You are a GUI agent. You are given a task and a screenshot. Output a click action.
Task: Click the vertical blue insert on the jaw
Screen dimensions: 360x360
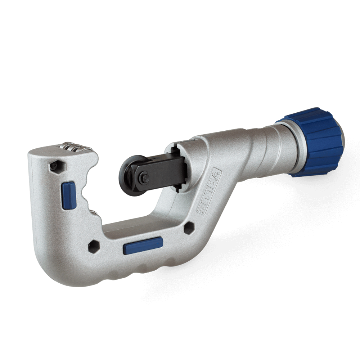(69, 195)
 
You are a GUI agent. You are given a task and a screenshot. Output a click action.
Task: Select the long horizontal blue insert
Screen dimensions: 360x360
(143, 246)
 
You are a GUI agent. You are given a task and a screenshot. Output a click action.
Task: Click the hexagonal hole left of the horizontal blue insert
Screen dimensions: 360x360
(94, 247)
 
